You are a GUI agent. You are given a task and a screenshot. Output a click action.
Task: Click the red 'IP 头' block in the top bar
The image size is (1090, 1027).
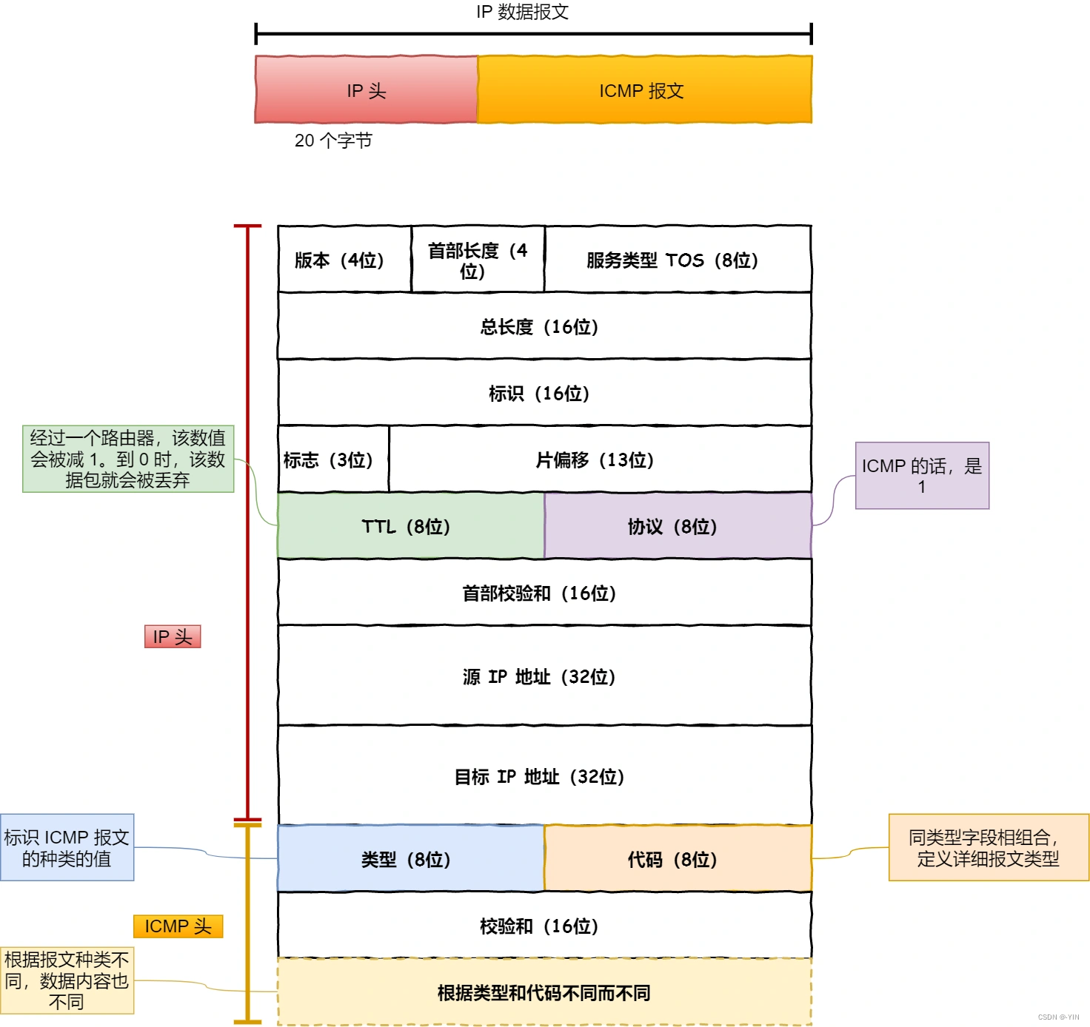coord(366,90)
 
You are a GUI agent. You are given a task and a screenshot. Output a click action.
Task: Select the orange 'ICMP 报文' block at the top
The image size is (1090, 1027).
coord(644,90)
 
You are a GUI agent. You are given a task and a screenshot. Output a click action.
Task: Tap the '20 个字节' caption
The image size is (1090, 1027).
coord(333,141)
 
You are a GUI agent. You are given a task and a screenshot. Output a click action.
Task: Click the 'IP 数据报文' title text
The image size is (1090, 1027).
coord(522,12)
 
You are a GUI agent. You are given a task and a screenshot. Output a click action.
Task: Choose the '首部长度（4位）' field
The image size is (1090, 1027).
coord(478,260)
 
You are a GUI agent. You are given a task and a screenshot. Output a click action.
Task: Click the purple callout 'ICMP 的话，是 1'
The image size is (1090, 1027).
coord(922,476)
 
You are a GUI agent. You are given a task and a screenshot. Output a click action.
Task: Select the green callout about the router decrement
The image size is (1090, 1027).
coord(128,459)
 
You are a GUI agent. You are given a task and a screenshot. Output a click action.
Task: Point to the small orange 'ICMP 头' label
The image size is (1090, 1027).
coord(178,926)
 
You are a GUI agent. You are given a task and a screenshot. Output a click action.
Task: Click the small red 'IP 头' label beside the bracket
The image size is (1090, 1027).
coord(173,636)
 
